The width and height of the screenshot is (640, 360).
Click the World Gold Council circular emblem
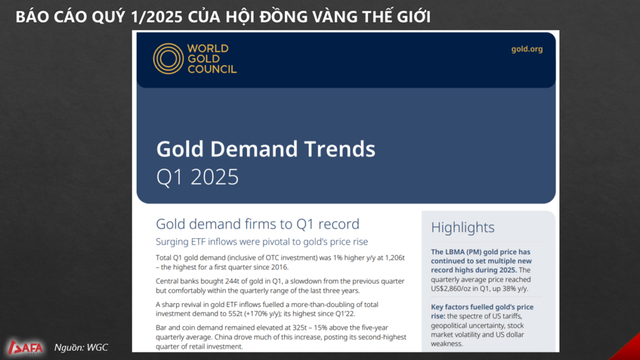168,59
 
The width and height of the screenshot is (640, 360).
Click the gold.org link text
527,49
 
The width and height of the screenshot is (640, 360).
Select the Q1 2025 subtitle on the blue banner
197,177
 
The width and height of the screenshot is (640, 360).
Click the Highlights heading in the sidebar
462,227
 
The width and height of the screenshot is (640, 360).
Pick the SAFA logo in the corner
25,347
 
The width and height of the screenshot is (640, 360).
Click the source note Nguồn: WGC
81,347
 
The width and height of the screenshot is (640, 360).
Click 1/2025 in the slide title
157,17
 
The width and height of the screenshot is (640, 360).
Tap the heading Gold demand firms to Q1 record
257,224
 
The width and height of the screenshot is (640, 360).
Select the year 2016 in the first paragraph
280,267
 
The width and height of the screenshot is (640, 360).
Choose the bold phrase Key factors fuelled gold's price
482,307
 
